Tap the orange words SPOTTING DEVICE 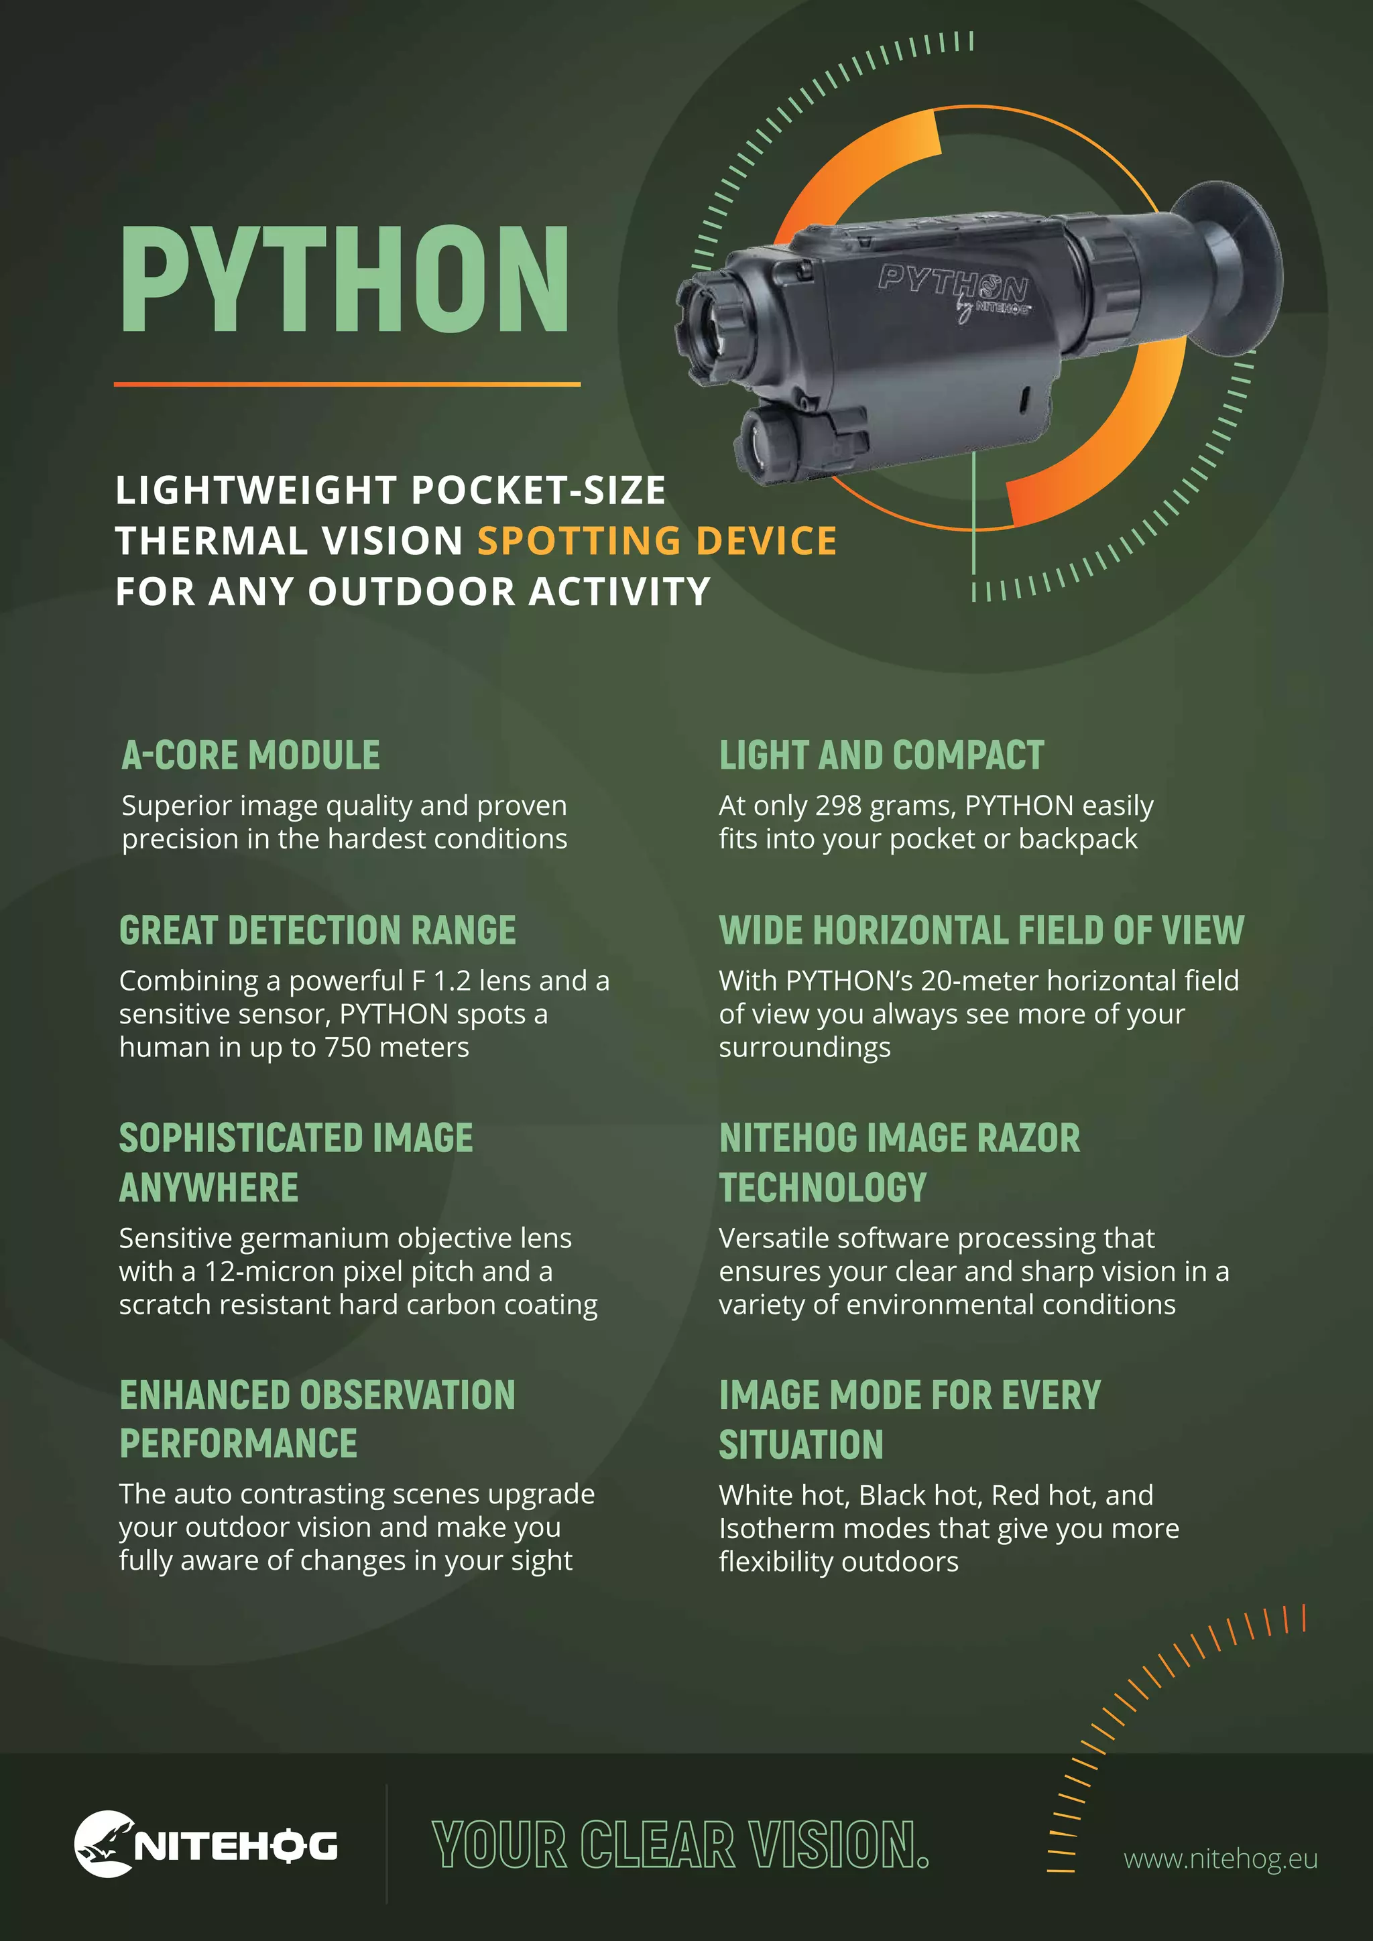[x=657, y=541]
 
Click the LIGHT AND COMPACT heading [x=881, y=755]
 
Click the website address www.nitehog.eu [x=1220, y=1859]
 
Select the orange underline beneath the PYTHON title [x=347, y=385]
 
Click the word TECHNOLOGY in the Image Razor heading [x=823, y=1188]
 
